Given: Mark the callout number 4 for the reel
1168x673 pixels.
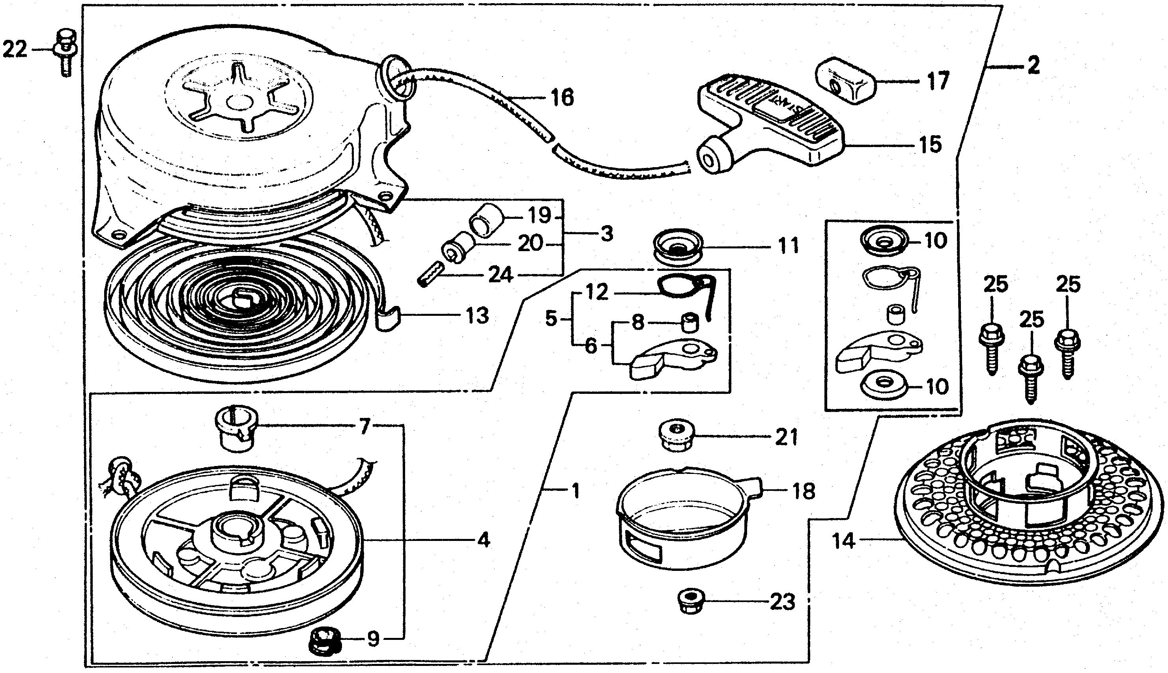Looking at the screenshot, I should pos(483,540).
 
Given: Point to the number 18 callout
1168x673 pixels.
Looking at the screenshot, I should pos(803,491).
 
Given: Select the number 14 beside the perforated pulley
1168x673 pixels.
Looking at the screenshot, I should pos(843,541).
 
